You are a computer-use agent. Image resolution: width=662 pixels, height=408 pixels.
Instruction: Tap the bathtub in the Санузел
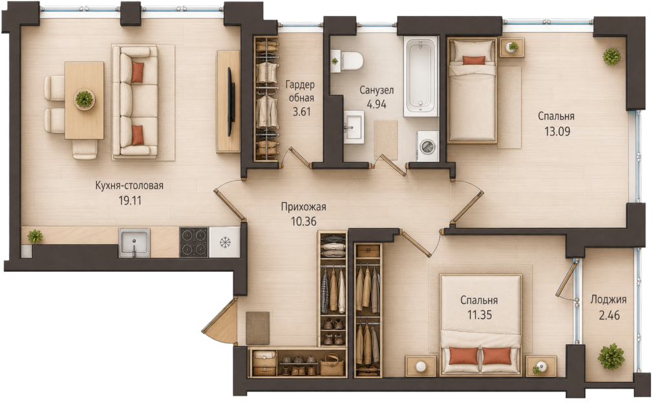click(x=420, y=76)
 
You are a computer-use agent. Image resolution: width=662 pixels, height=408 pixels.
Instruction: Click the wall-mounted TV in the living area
click(x=231, y=101)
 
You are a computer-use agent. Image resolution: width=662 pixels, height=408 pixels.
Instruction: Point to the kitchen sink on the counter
click(x=134, y=242)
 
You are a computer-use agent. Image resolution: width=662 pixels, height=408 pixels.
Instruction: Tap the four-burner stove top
click(x=194, y=242)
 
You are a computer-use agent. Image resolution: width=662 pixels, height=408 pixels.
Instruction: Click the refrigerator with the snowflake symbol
click(x=224, y=242)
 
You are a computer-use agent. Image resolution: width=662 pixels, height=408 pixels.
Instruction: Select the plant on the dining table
click(x=85, y=99)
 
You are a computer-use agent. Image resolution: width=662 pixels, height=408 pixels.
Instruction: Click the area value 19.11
click(x=130, y=201)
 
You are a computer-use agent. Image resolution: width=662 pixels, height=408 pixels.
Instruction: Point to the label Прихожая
click(x=304, y=207)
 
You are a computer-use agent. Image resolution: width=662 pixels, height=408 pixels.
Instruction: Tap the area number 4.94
click(x=377, y=104)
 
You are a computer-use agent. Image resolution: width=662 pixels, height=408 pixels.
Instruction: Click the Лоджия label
click(x=608, y=300)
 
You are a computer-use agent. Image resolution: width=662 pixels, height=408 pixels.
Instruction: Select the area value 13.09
click(x=557, y=132)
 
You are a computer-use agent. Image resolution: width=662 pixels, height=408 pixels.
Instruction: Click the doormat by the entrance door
click(x=257, y=328)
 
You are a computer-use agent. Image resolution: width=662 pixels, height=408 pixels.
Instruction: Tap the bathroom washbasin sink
click(x=353, y=127)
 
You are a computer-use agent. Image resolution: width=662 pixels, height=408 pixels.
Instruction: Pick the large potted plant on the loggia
click(x=611, y=356)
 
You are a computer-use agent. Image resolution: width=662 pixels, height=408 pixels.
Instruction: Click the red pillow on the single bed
click(x=474, y=60)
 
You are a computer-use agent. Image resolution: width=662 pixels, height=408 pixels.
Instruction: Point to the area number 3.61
click(x=301, y=112)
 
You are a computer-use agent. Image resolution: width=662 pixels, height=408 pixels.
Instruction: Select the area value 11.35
click(x=480, y=315)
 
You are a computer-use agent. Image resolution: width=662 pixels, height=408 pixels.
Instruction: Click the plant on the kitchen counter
click(x=35, y=236)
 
